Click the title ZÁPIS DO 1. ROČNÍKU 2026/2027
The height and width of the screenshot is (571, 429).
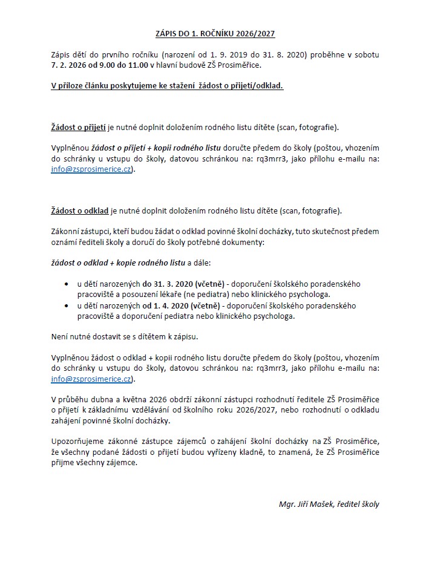click(x=214, y=34)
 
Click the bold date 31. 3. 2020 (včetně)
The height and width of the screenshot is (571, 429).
click(x=183, y=284)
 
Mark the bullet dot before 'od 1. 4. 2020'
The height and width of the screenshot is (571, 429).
click(x=66, y=306)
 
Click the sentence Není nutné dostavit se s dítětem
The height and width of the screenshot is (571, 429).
click(x=133, y=336)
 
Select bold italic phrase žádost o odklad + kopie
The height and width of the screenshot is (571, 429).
click(x=99, y=263)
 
